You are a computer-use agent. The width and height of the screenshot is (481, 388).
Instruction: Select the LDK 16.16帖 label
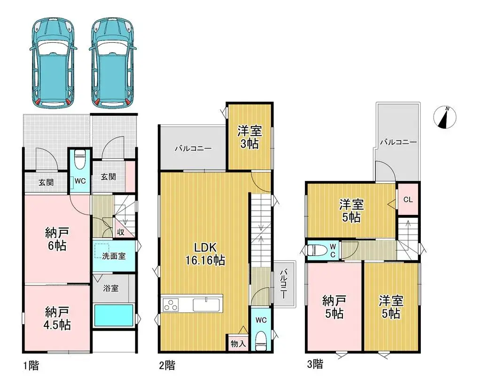pos(203,253)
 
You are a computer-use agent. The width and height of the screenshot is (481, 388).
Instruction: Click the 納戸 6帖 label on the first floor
pos(55,238)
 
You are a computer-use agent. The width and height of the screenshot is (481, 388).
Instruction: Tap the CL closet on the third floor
pos(408,199)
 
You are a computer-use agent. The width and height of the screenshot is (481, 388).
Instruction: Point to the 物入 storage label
pos(238,344)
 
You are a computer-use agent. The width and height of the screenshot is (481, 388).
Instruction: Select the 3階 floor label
pos(315,363)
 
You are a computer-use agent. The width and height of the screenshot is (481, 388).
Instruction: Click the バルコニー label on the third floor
pos(398,141)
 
